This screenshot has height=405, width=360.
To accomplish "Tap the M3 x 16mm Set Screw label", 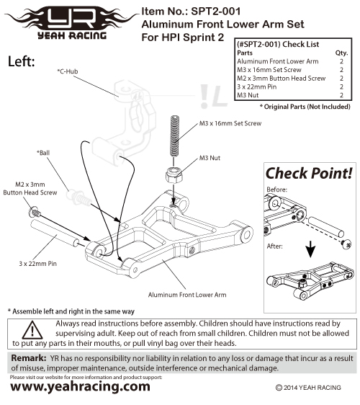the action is (x=230, y=123).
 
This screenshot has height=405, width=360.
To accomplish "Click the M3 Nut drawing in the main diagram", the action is (x=174, y=175).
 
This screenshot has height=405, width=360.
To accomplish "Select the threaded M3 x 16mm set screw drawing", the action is (x=175, y=136).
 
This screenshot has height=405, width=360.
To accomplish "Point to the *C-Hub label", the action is (x=68, y=71).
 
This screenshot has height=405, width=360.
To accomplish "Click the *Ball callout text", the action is (x=43, y=153).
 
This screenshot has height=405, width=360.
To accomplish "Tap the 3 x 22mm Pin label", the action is (x=37, y=264).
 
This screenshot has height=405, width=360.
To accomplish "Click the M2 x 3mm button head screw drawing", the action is (x=35, y=212).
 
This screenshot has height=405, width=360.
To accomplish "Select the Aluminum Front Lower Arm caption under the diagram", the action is (x=187, y=295).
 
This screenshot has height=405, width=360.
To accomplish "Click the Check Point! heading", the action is (x=309, y=173).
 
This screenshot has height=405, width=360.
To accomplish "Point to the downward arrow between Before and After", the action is (x=311, y=249).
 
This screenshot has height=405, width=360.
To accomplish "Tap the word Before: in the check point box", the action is (x=277, y=190).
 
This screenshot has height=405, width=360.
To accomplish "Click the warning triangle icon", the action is (x=32, y=330).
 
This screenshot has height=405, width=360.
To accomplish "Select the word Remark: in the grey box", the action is (x=29, y=358).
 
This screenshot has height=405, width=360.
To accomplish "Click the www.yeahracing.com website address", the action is (x=80, y=387).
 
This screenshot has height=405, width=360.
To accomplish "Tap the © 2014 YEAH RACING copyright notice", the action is (x=308, y=388).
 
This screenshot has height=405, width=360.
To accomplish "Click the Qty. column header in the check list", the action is (x=341, y=53).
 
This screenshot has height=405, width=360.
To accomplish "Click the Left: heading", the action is (x=21, y=61).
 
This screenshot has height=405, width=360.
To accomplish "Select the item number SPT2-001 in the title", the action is (x=216, y=12).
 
